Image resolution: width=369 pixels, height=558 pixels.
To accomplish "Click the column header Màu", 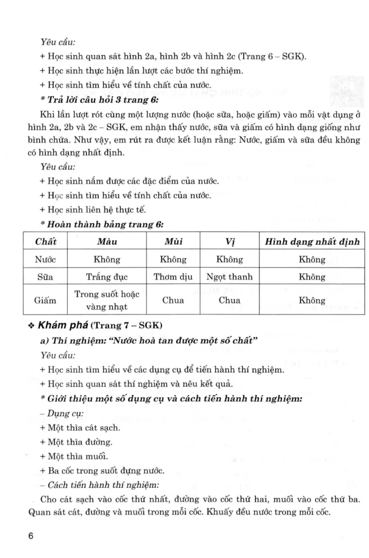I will click(x=107, y=241).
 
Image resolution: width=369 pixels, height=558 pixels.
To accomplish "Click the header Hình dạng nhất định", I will click(x=312, y=241).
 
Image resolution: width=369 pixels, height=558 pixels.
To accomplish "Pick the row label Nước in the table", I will click(x=45, y=259).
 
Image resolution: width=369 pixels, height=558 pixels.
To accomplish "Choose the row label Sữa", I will click(x=45, y=277).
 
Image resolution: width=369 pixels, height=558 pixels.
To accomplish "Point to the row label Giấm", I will click(x=45, y=300).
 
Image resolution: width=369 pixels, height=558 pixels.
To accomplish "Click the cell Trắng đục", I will click(x=107, y=277).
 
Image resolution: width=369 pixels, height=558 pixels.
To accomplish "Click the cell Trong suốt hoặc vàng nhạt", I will click(x=107, y=300).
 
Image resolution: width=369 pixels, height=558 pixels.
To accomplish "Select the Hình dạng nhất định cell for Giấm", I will click(x=312, y=300).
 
